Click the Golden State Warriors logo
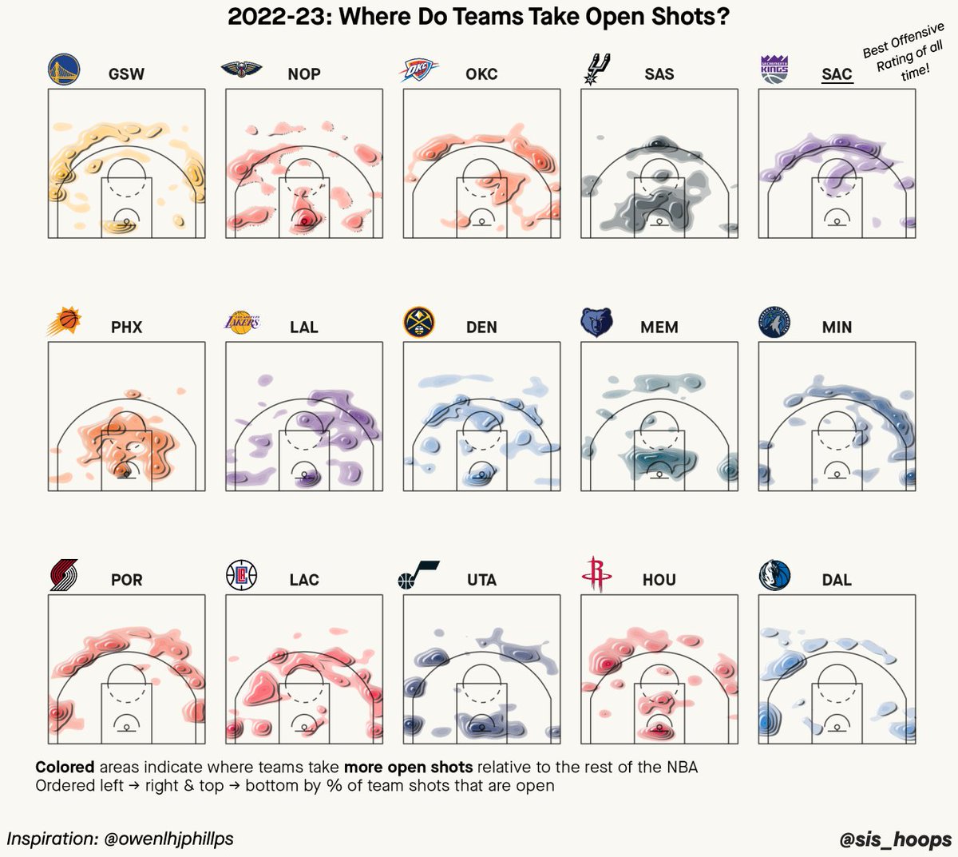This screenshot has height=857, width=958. coord(64,70)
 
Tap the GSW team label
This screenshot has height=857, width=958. coord(126,74)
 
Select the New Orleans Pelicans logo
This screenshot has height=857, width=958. coord(241,70)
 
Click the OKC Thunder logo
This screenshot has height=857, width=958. coord(419,71)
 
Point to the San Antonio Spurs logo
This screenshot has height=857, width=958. coord(596,69)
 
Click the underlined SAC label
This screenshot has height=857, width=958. coord(837,74)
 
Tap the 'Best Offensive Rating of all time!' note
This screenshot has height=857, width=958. coord(905,52)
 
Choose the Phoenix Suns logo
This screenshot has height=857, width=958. coord(64,322)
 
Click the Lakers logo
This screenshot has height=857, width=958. coord(240,323)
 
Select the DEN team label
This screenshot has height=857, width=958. coord(481,327)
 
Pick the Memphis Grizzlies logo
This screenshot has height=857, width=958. coord(596,323)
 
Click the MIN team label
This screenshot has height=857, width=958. coord(837,327)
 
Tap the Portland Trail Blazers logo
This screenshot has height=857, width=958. coord(64,575)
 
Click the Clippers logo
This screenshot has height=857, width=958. coord(241,575)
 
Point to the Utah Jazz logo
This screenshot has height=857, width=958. coord(418,575)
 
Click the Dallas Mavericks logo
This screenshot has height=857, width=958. coord(774,575)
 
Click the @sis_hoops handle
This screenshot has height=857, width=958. coord(896,839)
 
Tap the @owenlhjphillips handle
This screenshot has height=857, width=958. coord(168,839)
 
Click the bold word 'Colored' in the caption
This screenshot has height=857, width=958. coord(65,768)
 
